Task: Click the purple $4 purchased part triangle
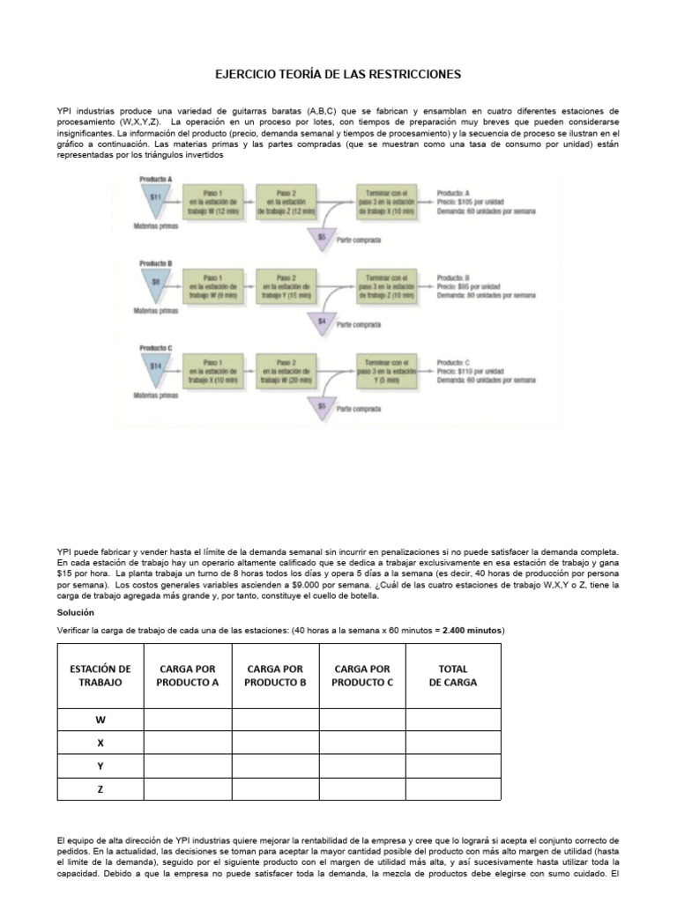[x=322, y=325]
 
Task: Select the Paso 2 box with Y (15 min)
[x=285, y=285]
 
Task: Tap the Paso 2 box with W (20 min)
[x=285, y=368]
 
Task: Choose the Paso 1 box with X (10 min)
[x=212, y=368]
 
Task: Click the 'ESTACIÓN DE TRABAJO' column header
[x=100, y=676]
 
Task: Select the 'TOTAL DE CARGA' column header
[x=453, y=676]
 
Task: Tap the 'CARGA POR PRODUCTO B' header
[x=275, y=676]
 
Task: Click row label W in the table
[x=100, y=720]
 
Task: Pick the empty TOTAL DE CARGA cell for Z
[x=453, y=789]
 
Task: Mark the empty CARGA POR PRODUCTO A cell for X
[x=188, y=743]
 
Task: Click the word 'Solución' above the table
[x=75, y=611]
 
